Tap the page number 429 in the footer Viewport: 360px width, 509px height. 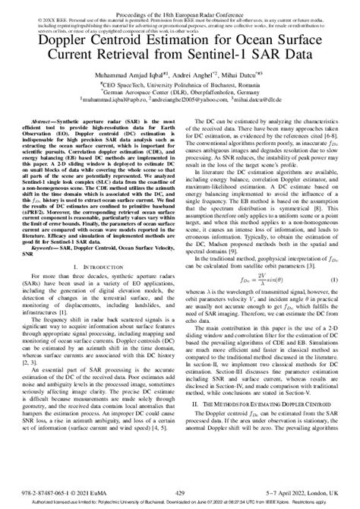tap(180, 492)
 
